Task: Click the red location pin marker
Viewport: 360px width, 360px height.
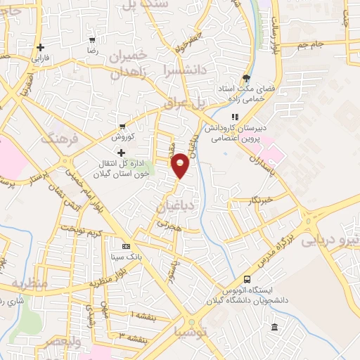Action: tap(181, 165)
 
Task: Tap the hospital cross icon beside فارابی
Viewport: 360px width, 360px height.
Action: tap(41, 47)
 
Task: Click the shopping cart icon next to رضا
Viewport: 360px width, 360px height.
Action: tap(92, 40)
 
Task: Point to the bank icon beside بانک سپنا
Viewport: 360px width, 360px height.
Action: tap(126, 247)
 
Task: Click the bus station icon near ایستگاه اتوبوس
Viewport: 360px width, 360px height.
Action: tap(246, 278)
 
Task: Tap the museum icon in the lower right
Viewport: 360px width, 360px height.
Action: tap(274, 327)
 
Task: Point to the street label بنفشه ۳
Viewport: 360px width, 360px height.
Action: tap(132, 339)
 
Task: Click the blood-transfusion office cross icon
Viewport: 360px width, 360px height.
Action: tap(122, 153)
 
